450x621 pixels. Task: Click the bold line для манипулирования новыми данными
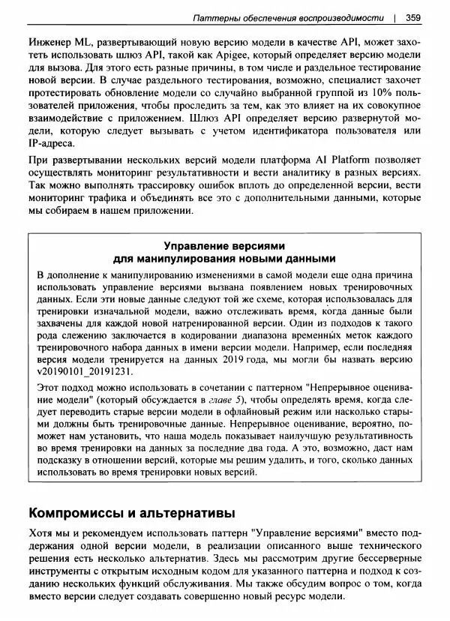tap(224, 259)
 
